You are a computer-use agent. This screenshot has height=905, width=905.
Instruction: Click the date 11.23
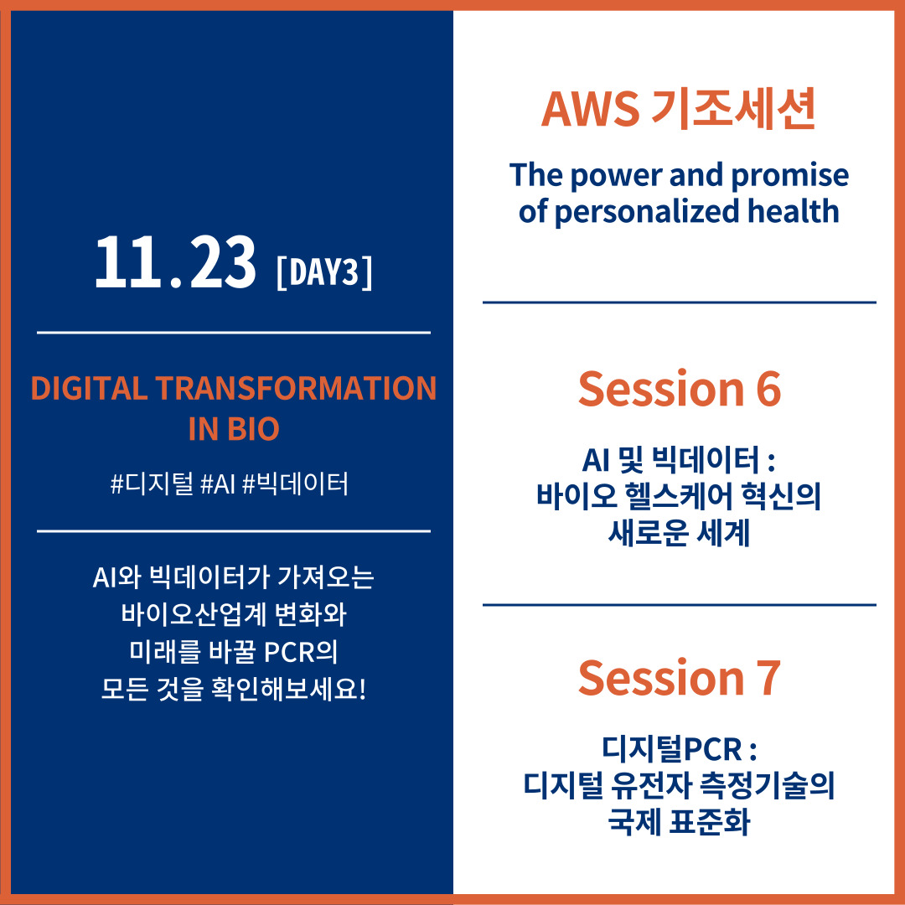(175, 262)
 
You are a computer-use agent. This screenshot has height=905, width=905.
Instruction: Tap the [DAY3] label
(324, 271)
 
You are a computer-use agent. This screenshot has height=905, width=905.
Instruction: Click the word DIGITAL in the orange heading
(89, 388)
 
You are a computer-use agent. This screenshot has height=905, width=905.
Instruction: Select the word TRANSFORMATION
(296, 388)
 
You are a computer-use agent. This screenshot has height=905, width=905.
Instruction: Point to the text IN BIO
(234, 429)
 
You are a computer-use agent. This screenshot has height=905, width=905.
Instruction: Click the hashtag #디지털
(152, 484)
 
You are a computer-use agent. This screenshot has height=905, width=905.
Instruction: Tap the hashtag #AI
(218, 484)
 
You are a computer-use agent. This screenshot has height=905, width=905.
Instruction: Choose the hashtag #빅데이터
(296, 484)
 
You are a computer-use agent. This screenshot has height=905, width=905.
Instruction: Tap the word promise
(789, 176)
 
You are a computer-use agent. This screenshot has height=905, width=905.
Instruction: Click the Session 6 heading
(680, 389)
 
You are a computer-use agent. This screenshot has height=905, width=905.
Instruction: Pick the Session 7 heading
(680, 678)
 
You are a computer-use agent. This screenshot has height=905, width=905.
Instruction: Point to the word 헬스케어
(678, 496)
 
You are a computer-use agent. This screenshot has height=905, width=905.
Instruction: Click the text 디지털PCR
(672, 748)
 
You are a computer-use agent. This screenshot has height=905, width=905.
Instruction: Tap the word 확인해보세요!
(288, 689)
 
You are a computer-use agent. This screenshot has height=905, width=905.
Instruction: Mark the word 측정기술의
(767, 785)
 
